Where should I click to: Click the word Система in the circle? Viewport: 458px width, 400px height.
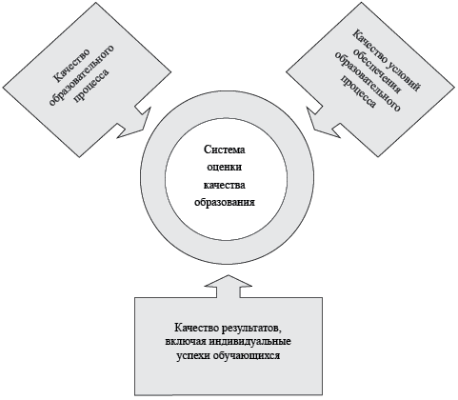click(x=225, y=150)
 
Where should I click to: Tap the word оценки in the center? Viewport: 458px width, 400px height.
click(x=225, y=167)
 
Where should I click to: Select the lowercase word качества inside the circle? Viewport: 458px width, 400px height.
click(x=225, y=185)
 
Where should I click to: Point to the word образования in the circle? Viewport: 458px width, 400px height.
click(x=225, y=202)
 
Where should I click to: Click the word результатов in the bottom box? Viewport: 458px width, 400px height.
click(x=250, y=328)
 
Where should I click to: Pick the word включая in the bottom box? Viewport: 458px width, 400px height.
click(x=186, y=342)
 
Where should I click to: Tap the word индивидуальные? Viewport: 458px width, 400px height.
click(x=250, y=342)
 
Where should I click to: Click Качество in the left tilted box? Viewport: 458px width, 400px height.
click(x=70, y=66)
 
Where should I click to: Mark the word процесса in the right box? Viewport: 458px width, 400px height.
click(x=358, y=91)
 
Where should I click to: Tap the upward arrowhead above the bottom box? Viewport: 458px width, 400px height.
click(x=229, y=281)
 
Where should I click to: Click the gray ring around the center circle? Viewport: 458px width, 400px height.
click(x=153, y=179)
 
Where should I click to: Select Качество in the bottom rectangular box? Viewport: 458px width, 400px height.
click(x=195, y=328)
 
